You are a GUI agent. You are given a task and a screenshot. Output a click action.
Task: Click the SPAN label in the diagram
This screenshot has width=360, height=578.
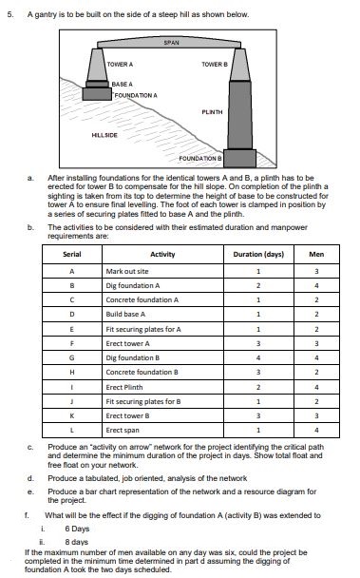pos(171,44)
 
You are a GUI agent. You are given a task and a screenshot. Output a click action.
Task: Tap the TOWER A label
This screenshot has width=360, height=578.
pos(120,63)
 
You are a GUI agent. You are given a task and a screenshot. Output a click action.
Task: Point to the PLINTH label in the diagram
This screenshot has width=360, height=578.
pos(213,111)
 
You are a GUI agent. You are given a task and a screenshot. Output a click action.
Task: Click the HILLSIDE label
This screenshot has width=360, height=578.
pos(104,135)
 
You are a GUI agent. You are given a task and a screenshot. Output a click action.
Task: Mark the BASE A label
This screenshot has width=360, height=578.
pos(123,84)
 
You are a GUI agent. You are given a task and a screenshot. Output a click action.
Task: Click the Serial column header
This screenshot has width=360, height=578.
pos(72,255)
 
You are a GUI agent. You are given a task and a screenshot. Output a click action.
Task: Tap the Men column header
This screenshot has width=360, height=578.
pos(316,255)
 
